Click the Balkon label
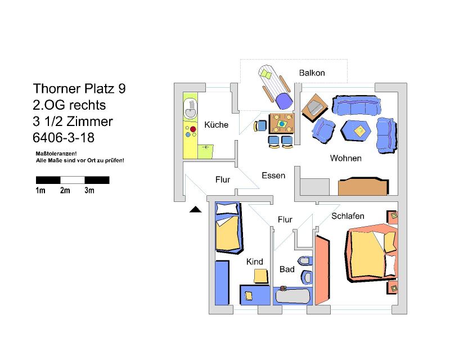[312, 73]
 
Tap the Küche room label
[217, 125]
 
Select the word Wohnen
[345, 158]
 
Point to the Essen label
[273, 175]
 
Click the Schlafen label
[348, 216]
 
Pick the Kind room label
[255, 262]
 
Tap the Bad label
[287, 269]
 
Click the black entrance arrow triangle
[195, 210]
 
